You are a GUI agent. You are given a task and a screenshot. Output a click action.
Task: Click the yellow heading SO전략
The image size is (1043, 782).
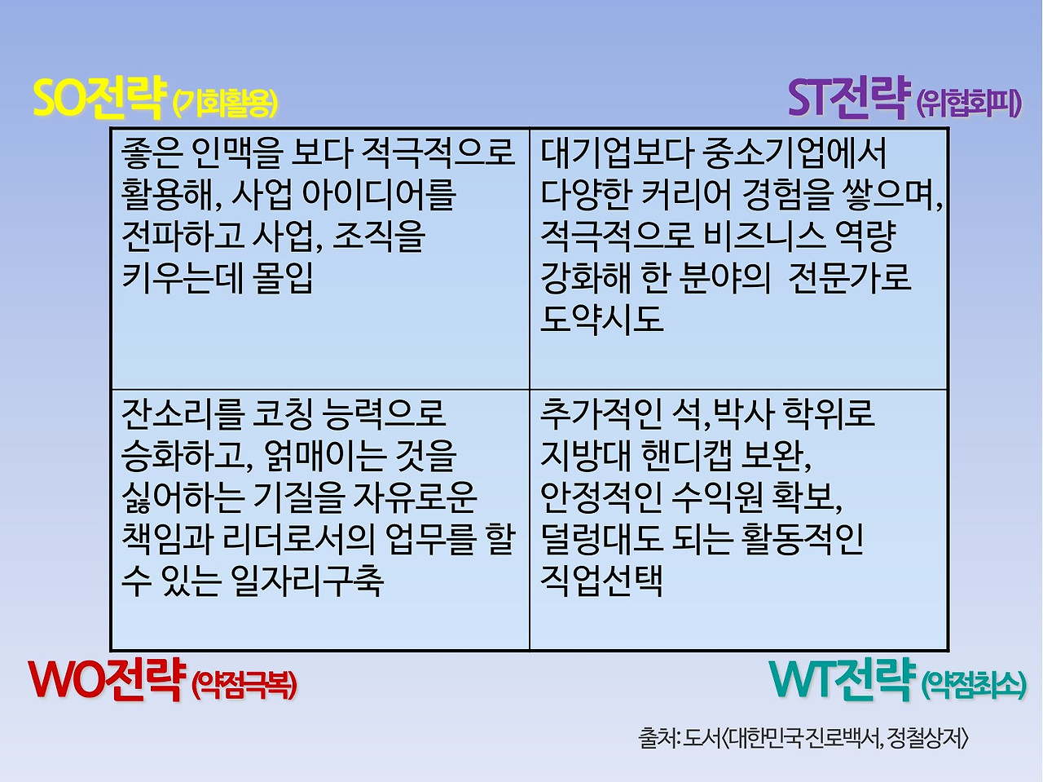pyautogui.click(x=97, y=99)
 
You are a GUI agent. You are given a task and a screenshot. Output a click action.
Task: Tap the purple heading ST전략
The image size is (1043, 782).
pyautogui.click(x=848, y=99)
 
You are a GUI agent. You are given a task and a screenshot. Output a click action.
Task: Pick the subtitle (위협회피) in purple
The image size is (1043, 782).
pyautogui.click(x=969, y=104)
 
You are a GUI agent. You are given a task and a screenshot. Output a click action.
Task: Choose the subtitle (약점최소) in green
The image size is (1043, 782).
pyautogui.click(x=973, y=684)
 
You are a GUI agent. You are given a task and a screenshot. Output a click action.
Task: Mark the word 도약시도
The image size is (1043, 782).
pyautogui.click(x=602, y=319)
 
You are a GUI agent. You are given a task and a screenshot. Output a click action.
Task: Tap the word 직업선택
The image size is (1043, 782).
pyautogui.click(x=602, y=581)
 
